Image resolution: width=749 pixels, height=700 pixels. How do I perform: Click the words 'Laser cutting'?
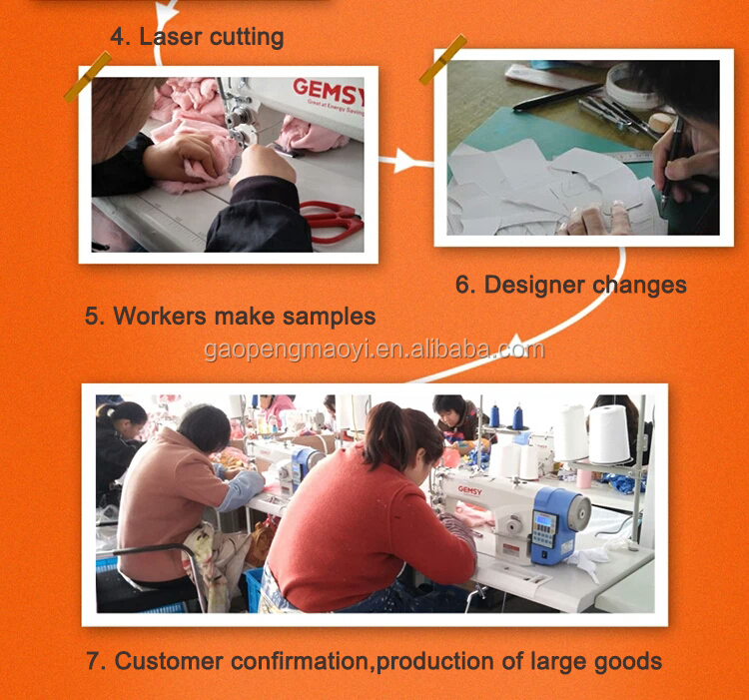pyautogui.click(x=212, y=37)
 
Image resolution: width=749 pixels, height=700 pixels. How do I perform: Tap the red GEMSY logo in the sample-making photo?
pyautogui.click(x=329, y=91)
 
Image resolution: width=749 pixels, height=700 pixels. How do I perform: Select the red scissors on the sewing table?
pyautogui.click(x=332, y=221)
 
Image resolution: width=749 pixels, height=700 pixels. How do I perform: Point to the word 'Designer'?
pyautogui.click(x=534, y=285)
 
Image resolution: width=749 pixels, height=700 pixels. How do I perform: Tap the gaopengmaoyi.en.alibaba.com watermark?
pyautogui.click(x=374, y=350)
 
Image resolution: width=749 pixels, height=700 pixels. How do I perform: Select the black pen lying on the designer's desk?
pyautogui.click(x=557, y=98)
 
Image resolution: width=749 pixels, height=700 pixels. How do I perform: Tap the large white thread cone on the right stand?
pyautogui.click(x=608, y=434)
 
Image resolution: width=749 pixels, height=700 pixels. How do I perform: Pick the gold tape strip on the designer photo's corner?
pyautogui.click(x=442, y=59)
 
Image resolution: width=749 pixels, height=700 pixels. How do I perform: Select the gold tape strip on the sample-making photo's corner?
pyautogui.click(x=88, y=77)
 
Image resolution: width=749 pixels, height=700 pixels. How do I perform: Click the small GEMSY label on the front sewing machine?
pyautogui.click(x=470, y=490)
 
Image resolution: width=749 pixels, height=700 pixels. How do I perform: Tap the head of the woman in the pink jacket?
pyautogui.click(x=204, y=427)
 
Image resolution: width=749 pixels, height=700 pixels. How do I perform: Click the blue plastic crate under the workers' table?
pyautogui.click(x=254, y=589)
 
